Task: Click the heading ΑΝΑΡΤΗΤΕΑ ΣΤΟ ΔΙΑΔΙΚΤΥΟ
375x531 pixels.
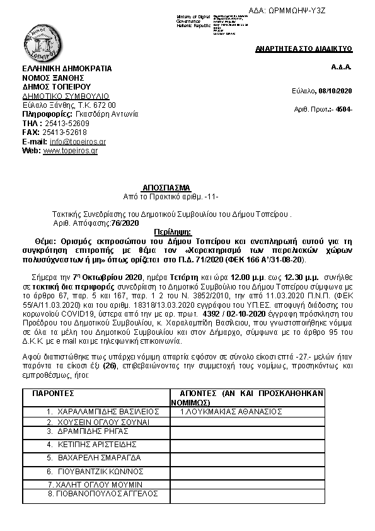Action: point(304,49)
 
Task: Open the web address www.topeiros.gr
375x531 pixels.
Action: point(70,151)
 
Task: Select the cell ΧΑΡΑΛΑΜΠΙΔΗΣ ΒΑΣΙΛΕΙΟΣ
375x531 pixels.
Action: point(98,411)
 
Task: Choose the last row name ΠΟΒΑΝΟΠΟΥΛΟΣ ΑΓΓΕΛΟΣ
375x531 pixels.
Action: point(103,493)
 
